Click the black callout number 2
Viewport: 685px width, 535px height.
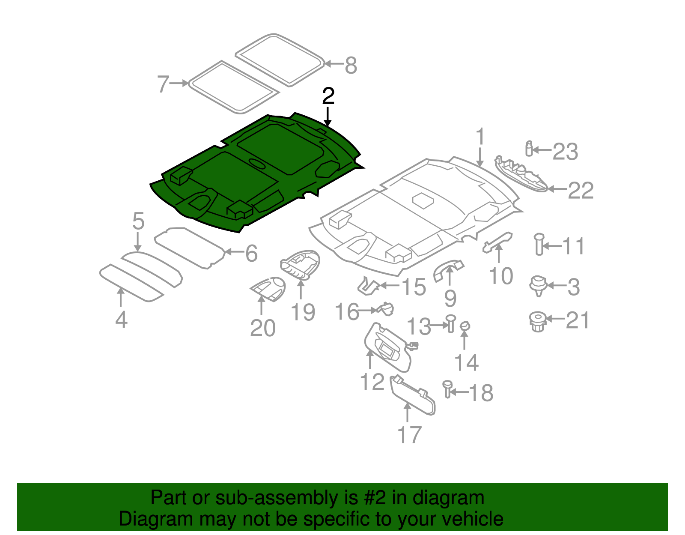coord(328,96)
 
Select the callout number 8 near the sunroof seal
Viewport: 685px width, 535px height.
coord(351,66)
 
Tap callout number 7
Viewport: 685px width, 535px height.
coord(163,84)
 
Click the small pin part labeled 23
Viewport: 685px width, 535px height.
coord(529,149)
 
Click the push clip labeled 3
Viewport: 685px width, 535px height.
coord(538,285)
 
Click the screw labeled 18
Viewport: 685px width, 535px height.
coord(448,389)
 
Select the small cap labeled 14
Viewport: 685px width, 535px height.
coord(465,326)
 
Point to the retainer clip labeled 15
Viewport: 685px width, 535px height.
coord(368,286)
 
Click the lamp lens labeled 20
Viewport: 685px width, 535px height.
coord(269,288)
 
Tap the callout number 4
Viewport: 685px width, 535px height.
coord(121,320)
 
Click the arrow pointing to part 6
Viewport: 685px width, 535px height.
coord(232,252)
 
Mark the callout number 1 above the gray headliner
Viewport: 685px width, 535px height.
coord(480,137)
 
